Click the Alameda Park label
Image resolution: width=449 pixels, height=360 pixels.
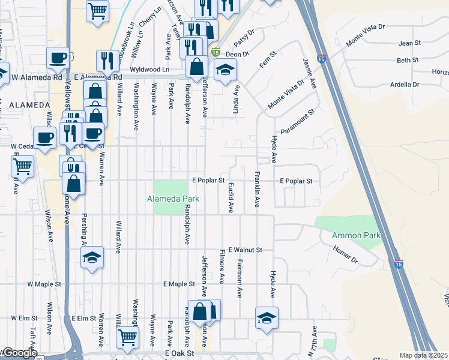tap(173, 199)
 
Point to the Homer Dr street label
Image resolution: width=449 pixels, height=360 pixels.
tap(345, 257)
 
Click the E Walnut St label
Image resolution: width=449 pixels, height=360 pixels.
tap(247, 249)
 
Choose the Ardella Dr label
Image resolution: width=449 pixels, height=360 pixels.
tap(405, 85)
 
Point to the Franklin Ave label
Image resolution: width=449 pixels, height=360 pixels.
tap(257, 190)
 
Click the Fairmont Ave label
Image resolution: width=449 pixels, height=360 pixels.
tap(239, 278)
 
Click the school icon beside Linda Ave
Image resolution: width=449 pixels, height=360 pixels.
tap(225, 71)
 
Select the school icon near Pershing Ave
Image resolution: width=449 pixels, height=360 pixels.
tap(91, 259)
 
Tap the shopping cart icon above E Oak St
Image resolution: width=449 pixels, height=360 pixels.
tap(127, 337)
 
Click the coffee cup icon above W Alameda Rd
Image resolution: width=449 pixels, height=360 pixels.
tap(58, 58)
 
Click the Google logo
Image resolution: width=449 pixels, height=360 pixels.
tap(20, 353)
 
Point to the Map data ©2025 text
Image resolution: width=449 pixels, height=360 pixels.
tap(423, 355)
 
